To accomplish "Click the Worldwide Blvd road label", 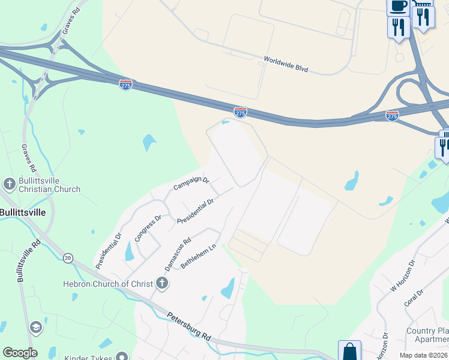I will click(286, 65).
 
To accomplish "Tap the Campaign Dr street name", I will click(191, 182).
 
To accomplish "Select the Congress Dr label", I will click(148, 228).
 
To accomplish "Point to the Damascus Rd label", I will click(178, 251).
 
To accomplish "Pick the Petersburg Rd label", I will click(189, 326).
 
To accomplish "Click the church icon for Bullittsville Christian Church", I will click(9, 184).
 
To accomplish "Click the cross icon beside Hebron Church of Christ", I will click(161, 283).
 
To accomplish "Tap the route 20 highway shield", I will click(67, 257).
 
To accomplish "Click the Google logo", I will click(19, 353).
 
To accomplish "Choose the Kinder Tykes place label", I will click(90, 357).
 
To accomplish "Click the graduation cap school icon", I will click(35, 327).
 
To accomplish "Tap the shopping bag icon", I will click(349, 351).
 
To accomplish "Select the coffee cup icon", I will click(398, 7).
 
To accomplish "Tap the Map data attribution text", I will click(423, 355).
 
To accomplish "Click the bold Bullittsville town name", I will click(22, 212).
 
